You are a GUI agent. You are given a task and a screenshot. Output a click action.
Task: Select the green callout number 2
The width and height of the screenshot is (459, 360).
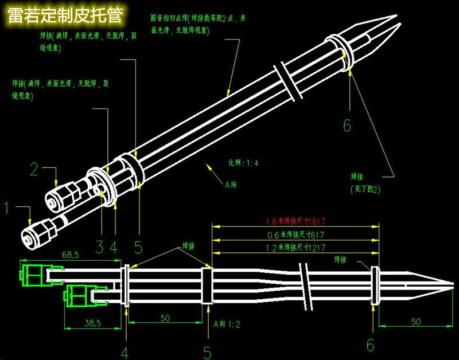[x=34, y=169]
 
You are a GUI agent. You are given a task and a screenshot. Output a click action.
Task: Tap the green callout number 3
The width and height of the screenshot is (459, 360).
[x=99, y=247]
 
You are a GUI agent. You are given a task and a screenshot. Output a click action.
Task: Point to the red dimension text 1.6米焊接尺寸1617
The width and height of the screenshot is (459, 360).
[x=295, y=221]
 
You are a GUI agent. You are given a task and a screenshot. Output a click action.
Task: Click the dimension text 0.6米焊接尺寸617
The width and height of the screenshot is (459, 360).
[x=295, y=235]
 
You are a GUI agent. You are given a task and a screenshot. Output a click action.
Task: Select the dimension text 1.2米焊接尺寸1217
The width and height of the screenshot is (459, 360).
[x=295, y=249]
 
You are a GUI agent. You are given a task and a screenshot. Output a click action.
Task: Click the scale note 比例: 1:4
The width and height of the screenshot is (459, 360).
[x=244, y=163]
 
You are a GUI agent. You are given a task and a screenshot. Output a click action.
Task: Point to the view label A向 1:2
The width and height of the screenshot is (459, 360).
[x=227, y=324]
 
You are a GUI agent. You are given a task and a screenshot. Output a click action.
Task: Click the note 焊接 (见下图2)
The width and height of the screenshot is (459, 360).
[x=365, y=182]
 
